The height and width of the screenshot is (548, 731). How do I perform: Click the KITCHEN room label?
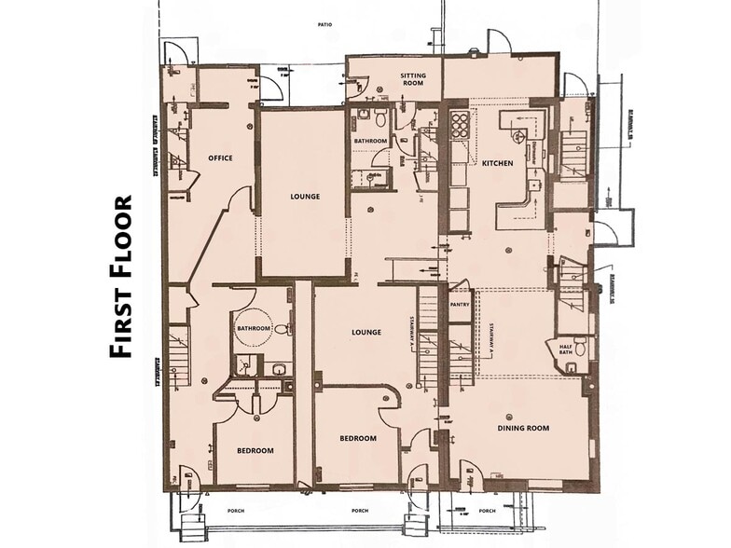pos(497,163)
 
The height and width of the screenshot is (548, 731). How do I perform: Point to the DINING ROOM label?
pos(523,428)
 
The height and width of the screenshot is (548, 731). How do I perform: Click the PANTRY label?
pos(459,304)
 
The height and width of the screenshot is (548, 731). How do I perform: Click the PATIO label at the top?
pos(324,25)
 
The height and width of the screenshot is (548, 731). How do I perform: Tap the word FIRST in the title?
pos(121,318)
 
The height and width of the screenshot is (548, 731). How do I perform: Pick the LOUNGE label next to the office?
pos(305,197)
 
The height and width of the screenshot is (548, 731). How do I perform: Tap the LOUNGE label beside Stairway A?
pos(365,332)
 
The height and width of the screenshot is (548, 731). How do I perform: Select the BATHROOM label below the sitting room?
pos(370,141)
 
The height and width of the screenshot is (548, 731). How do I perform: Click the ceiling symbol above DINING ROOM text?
pos(509,416)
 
